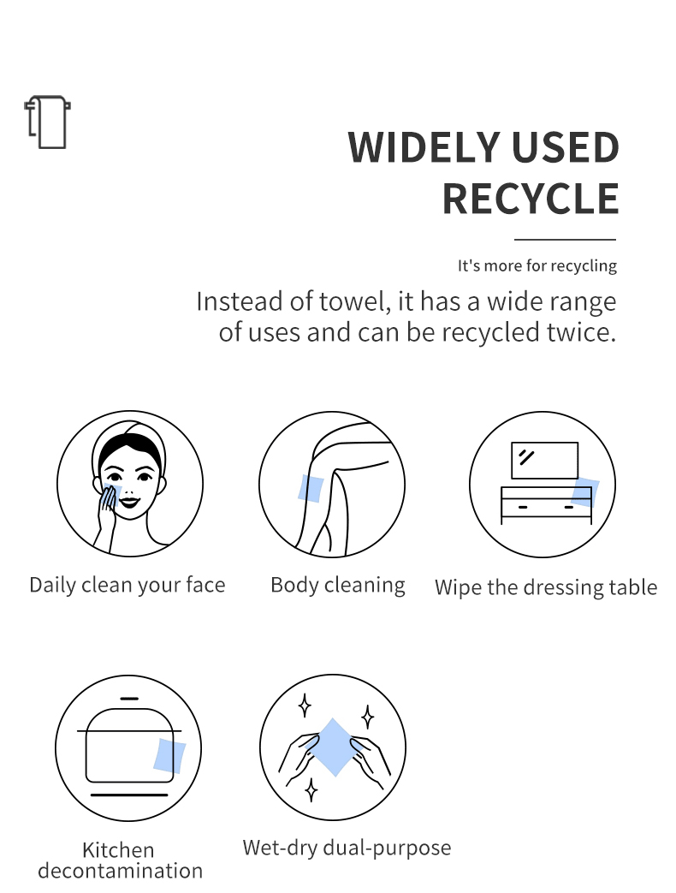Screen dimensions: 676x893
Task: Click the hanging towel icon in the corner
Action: [x=47, y=122]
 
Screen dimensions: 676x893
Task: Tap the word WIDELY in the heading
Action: [x=424, y=147]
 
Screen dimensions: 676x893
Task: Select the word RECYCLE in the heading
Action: [x=531, y=199]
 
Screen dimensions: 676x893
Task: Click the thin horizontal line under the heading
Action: [x=565, y=240]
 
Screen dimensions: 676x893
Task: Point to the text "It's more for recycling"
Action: [x=537, y=266]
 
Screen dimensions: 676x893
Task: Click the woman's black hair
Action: [x=130, y=446]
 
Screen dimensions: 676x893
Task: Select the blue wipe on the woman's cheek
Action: [x=110, y=493]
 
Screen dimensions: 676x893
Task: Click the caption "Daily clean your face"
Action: [x=127, y=586]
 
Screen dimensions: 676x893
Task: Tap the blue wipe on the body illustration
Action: [x=311, y=488]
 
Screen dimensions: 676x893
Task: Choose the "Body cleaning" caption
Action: [x=338, y=585]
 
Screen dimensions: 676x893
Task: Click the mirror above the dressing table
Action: [x=544, y=460]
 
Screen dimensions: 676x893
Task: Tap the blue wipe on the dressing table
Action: [x=585, y=492]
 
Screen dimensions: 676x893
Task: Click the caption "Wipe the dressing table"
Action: [x=546, y=587]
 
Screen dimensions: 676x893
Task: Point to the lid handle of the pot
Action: [x=130, y=699]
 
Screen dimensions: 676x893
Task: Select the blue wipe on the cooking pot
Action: [x=169, y=756]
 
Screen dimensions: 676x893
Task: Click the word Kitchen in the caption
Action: [x=118, y=850]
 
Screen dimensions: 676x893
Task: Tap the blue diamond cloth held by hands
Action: [x=334, y=747]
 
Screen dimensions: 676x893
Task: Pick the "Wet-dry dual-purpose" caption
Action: [x=347, y=848]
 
